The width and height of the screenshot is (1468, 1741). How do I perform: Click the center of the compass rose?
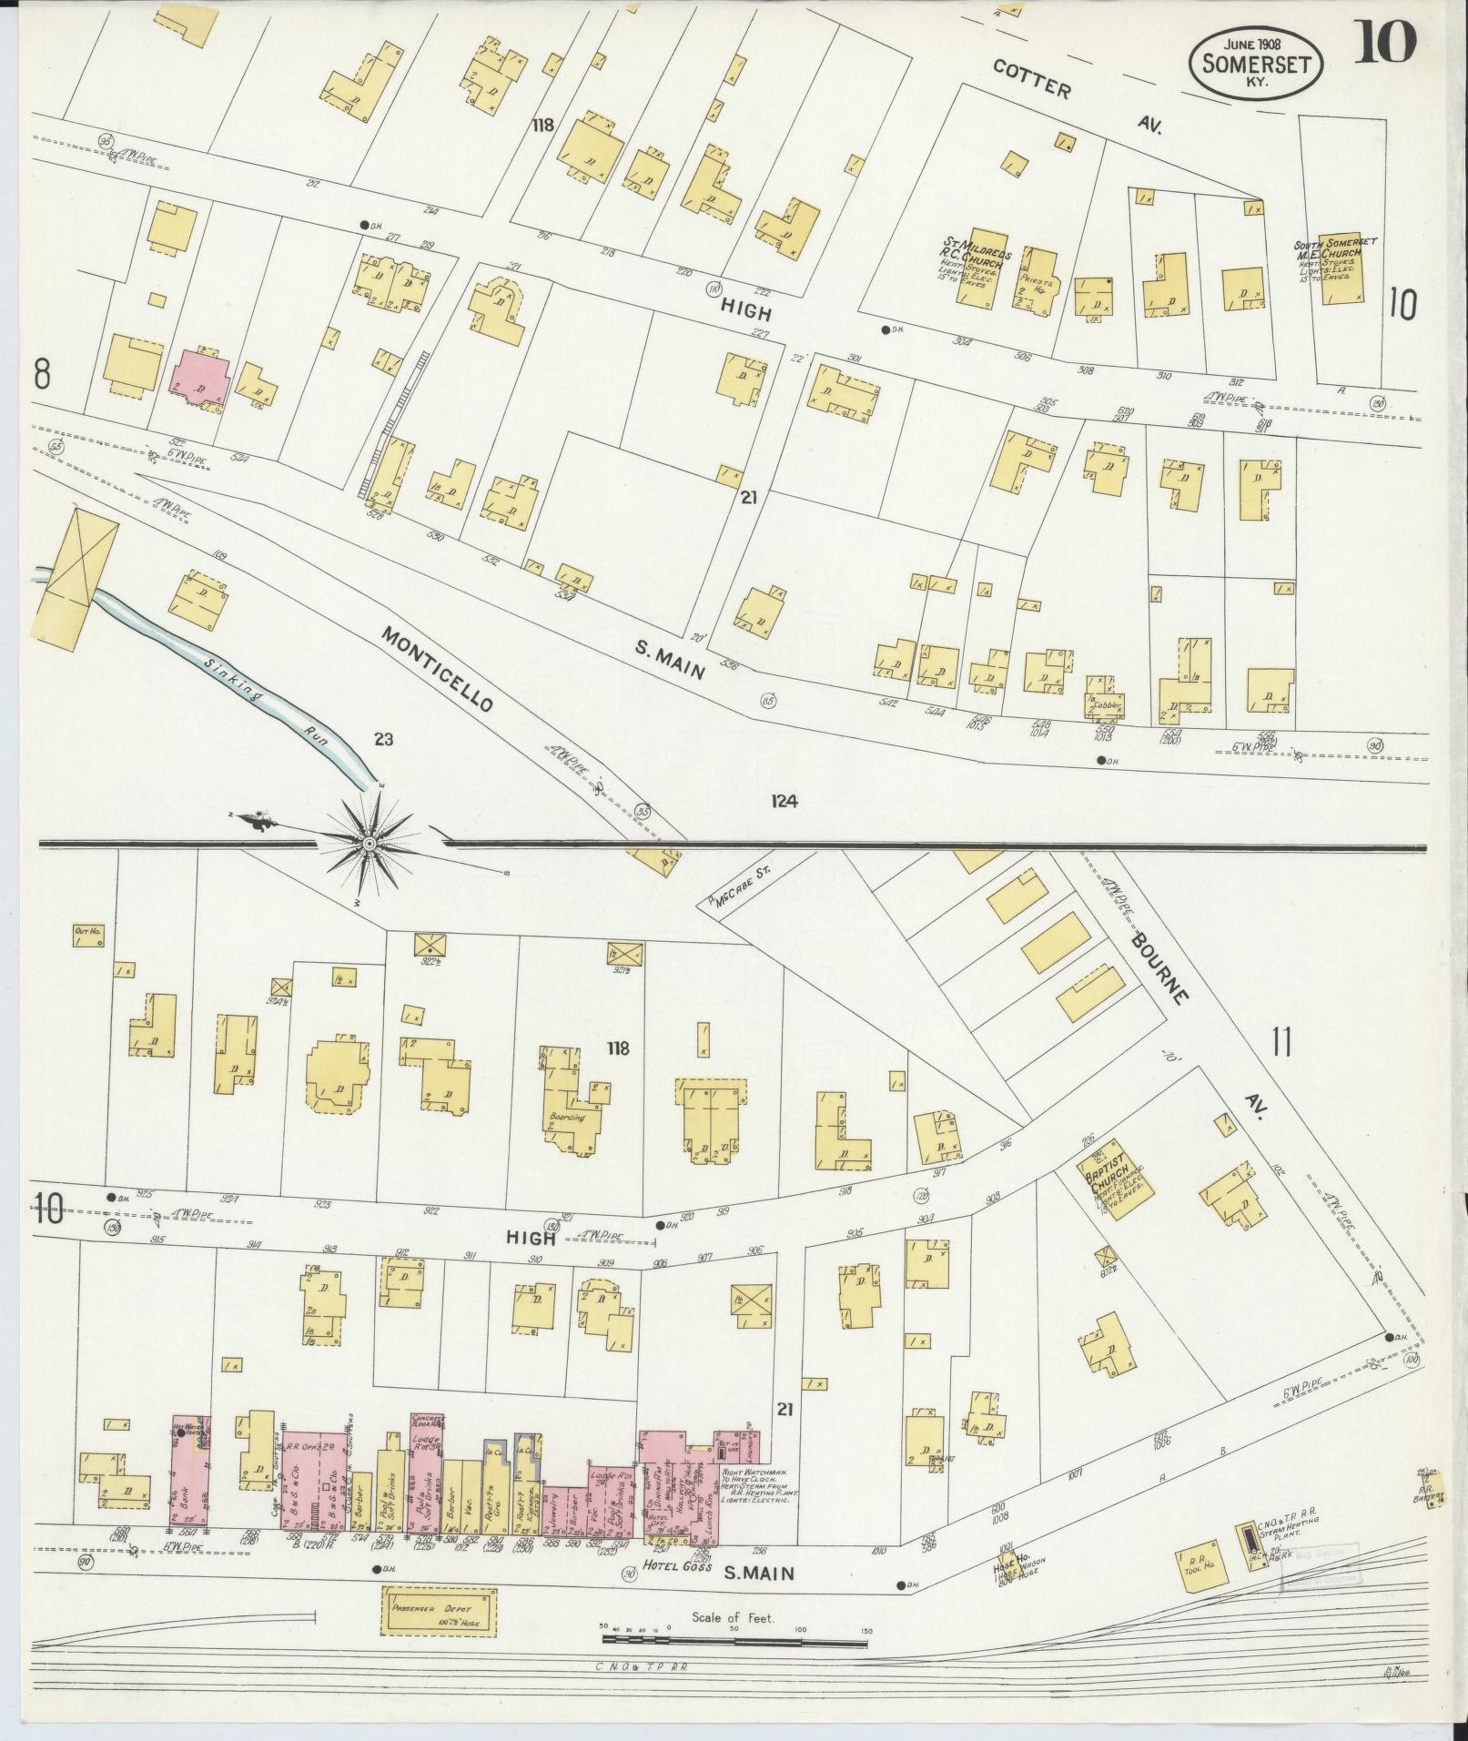[x=370, y=844]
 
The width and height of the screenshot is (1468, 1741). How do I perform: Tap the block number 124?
[x=783, y=801]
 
